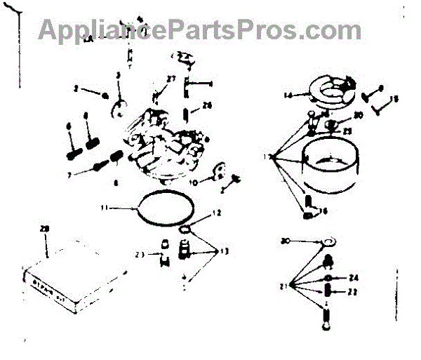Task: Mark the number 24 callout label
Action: pyautogui.click(x=353, y=277)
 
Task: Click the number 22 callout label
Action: pyautogui.click(x=353, y=292)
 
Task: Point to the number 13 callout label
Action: pyautogui.click(x=224, y=251)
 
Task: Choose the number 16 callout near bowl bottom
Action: pyautogui.click(x=323, y=210)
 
